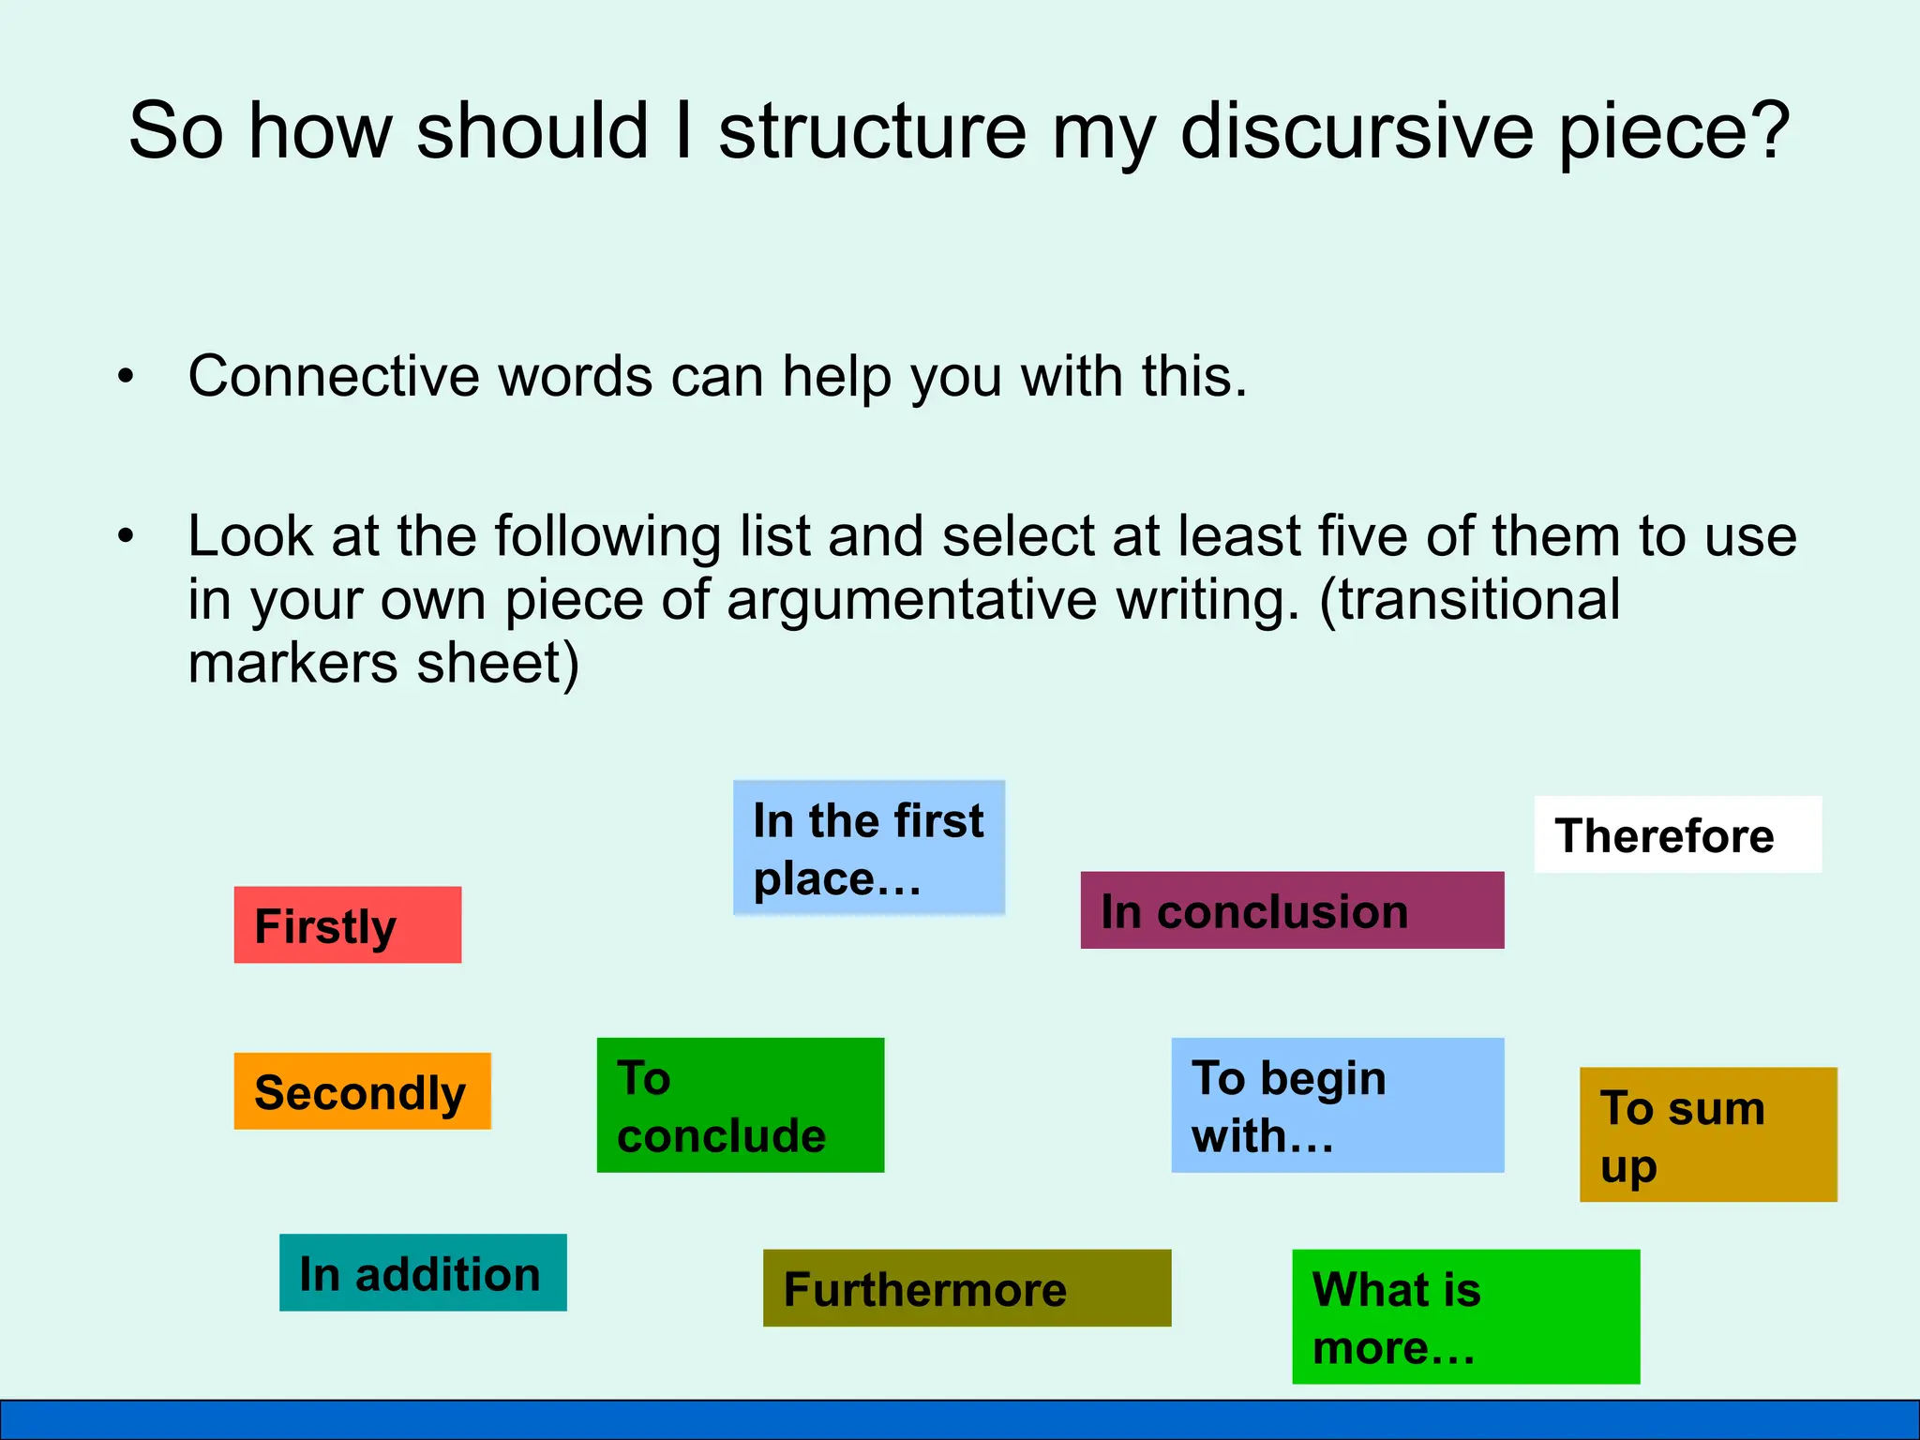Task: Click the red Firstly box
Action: (347, 924)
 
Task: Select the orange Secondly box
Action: (362, 1090)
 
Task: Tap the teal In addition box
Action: (423, 1272)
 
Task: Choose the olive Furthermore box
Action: (967, 1287)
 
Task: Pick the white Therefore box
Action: (1677, 834)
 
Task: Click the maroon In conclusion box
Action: (1292, 910)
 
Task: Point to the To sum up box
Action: (1707, 1134)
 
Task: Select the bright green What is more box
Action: (1465, 1316)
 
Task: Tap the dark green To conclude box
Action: (740, 1104)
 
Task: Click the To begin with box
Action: (1337, 1104)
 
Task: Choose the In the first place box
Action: (868, 847)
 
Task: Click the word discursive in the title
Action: (1357, 130)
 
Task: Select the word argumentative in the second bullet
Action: (911, 600)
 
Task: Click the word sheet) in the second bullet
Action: (498, 664)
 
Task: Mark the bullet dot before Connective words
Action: (126, 377)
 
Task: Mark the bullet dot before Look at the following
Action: (126, 536)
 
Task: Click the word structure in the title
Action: (873, 130)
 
